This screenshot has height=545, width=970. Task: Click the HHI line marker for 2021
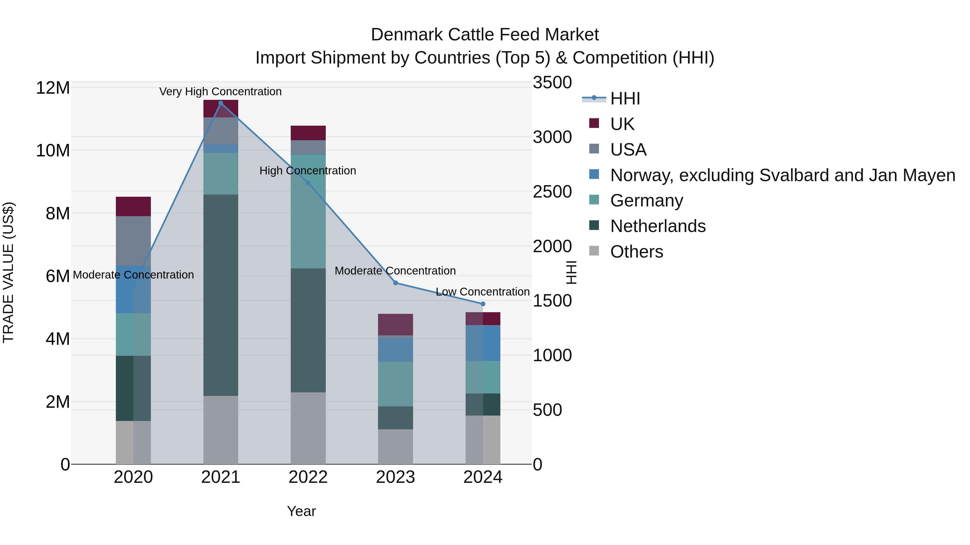(221, 103)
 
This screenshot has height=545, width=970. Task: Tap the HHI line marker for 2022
(308, 183)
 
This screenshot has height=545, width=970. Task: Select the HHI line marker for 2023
(395, 283)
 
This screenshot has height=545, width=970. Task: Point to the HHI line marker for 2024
(483, 304)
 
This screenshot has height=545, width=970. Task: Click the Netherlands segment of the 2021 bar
(221, 295)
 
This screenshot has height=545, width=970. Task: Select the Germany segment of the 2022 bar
(308, 211)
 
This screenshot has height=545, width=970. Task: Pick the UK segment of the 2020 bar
(133, 206)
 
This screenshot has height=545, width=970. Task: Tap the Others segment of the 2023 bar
(395, 446)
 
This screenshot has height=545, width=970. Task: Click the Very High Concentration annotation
(220, 92)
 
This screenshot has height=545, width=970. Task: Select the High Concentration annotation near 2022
(308, 171)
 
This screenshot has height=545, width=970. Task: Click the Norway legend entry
(782, 175)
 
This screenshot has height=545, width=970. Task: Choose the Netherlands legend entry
(657, 226)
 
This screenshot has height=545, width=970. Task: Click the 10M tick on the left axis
(53, 151)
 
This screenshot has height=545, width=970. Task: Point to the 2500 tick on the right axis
(552, 192)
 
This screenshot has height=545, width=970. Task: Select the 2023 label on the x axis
(395, 477)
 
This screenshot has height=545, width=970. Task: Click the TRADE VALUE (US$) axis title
(8, 272)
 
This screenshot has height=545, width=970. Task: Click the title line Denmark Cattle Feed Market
(485, 35)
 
